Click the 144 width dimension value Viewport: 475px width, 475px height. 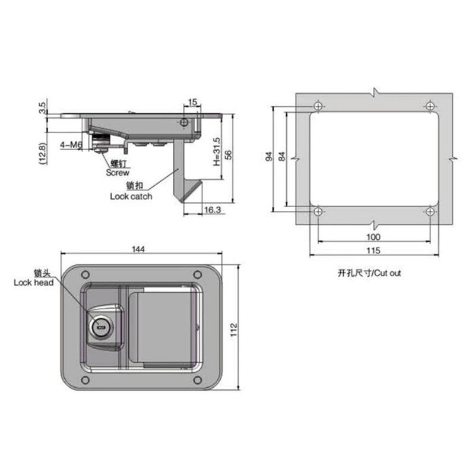click(138, 249)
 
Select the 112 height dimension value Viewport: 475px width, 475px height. click(234, 330)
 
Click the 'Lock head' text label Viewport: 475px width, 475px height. click(34, 283)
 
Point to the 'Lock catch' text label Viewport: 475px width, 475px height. click(131, 197)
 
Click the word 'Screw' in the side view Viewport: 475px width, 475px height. click(118, 173)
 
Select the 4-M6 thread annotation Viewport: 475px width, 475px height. click(71, 145)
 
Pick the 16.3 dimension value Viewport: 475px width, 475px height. click(213, 210)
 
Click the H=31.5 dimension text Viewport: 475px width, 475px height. click(217, 151)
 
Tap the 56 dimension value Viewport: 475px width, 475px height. click(229, 155)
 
